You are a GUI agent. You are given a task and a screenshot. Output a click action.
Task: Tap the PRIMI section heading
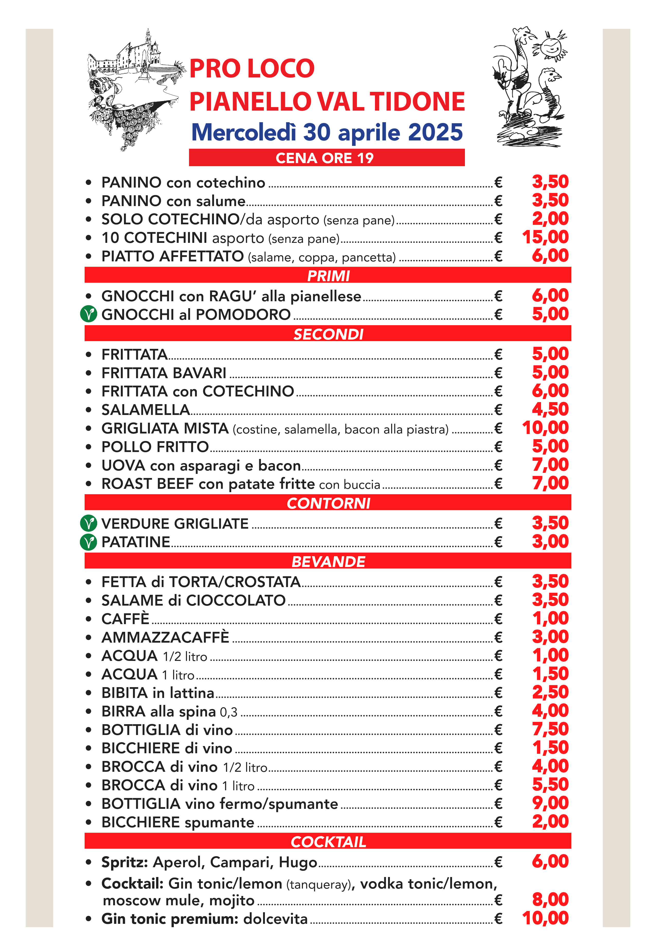pyautogui.click(x=328, y=276)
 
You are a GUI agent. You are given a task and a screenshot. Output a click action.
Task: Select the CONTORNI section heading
pyautogui.click(x=328, y=503)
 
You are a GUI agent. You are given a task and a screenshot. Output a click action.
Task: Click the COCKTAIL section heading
pyautogui.click(x=328, y=841)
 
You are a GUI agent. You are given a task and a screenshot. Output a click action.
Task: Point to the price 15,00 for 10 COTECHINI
pyautogui.click(x=545, y=237)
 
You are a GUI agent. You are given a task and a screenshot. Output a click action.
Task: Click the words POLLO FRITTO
pyautogui.click(x=155, y=447)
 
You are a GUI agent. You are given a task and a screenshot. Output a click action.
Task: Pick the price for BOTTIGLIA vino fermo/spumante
pyautogui.click(x=550, y=803)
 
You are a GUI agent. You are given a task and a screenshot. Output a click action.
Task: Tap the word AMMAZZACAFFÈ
pyautogui.click(x=165, y=637)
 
